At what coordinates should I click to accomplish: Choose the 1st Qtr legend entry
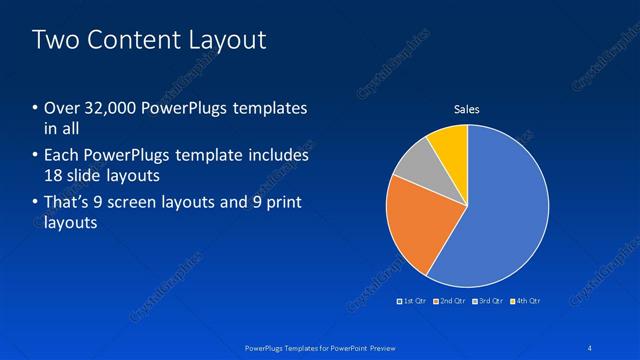pos(414,301)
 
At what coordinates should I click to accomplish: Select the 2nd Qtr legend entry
pos(451,301)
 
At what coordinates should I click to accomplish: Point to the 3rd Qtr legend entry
pos(488,301)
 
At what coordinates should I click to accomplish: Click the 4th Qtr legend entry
pos(526,301)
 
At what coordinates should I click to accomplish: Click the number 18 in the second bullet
pos(55,176)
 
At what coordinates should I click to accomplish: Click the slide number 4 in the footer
pos(590,347)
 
